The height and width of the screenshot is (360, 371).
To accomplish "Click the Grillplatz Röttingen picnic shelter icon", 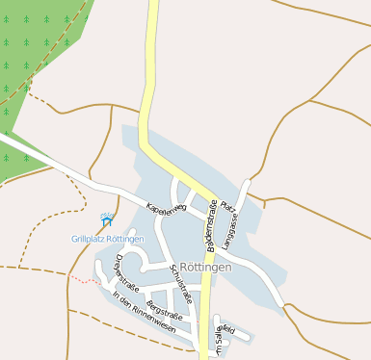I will click(107, 221).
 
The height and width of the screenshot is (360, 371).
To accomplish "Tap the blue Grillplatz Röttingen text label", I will click(107, 239).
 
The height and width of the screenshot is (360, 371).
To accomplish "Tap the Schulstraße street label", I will click(181, 284).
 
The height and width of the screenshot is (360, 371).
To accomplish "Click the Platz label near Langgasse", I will click(227, 206).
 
